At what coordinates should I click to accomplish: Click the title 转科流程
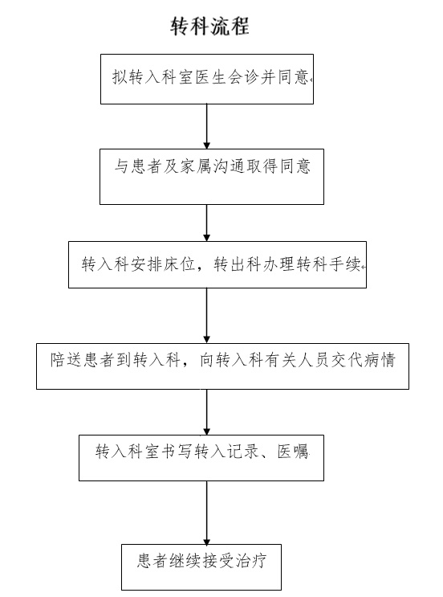click(209, 26)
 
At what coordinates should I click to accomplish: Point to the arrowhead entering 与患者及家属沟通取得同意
click(207, 145)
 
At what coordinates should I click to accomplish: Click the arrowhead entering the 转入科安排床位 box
click(207, 238)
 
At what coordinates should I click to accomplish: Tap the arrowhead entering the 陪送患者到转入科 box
click(207, 340)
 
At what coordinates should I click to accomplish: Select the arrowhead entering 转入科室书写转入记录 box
click(207, 431)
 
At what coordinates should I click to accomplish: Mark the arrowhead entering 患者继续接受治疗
click(207, 541)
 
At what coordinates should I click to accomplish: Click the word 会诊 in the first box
click(243, 77)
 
